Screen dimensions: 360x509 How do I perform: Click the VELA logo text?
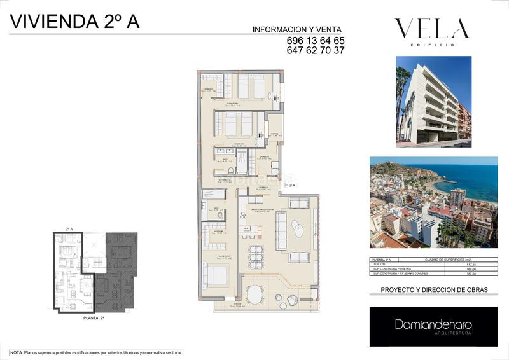coord(432,29)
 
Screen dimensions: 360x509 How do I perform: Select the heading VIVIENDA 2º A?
coord(74,21)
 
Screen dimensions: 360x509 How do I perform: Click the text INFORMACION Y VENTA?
coord(297,29)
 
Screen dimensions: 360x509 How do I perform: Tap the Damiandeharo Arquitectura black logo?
coord(433,326)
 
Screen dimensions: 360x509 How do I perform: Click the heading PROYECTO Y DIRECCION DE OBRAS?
coord(434,290)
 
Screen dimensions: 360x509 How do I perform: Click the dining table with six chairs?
coord(256,256)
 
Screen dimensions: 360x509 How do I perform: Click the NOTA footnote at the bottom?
coord(96,352)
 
